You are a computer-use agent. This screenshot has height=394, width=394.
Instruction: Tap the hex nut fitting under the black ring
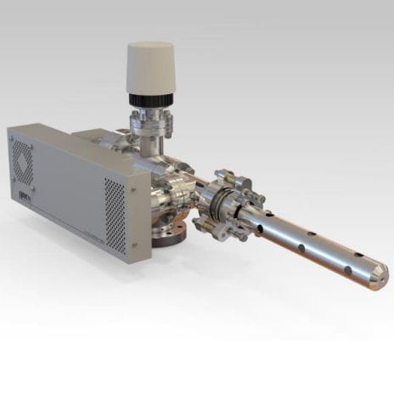tap(150, 120)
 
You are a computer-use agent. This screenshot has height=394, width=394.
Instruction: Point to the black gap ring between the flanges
tap(216, 204)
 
